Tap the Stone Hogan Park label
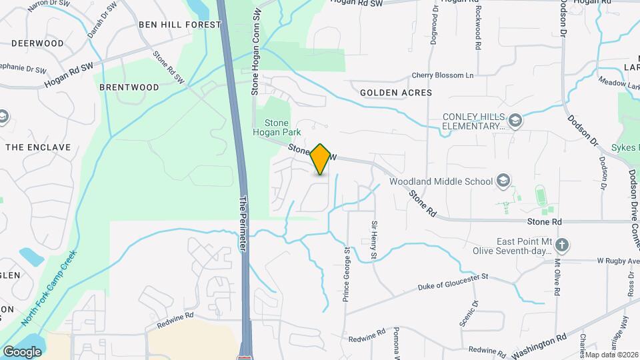[283, 127]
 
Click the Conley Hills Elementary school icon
[514, 121]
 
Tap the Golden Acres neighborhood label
[396, 93]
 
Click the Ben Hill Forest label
[179, 25]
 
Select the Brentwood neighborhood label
[129, 87]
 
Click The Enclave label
[28, 147]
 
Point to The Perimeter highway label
[243, 223]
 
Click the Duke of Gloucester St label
[453, 282]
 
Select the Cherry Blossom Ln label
[442, 75]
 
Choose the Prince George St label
[347, 274]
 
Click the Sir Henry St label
[374, 241]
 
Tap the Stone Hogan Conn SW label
[255, 51]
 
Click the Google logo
[22, 351]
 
